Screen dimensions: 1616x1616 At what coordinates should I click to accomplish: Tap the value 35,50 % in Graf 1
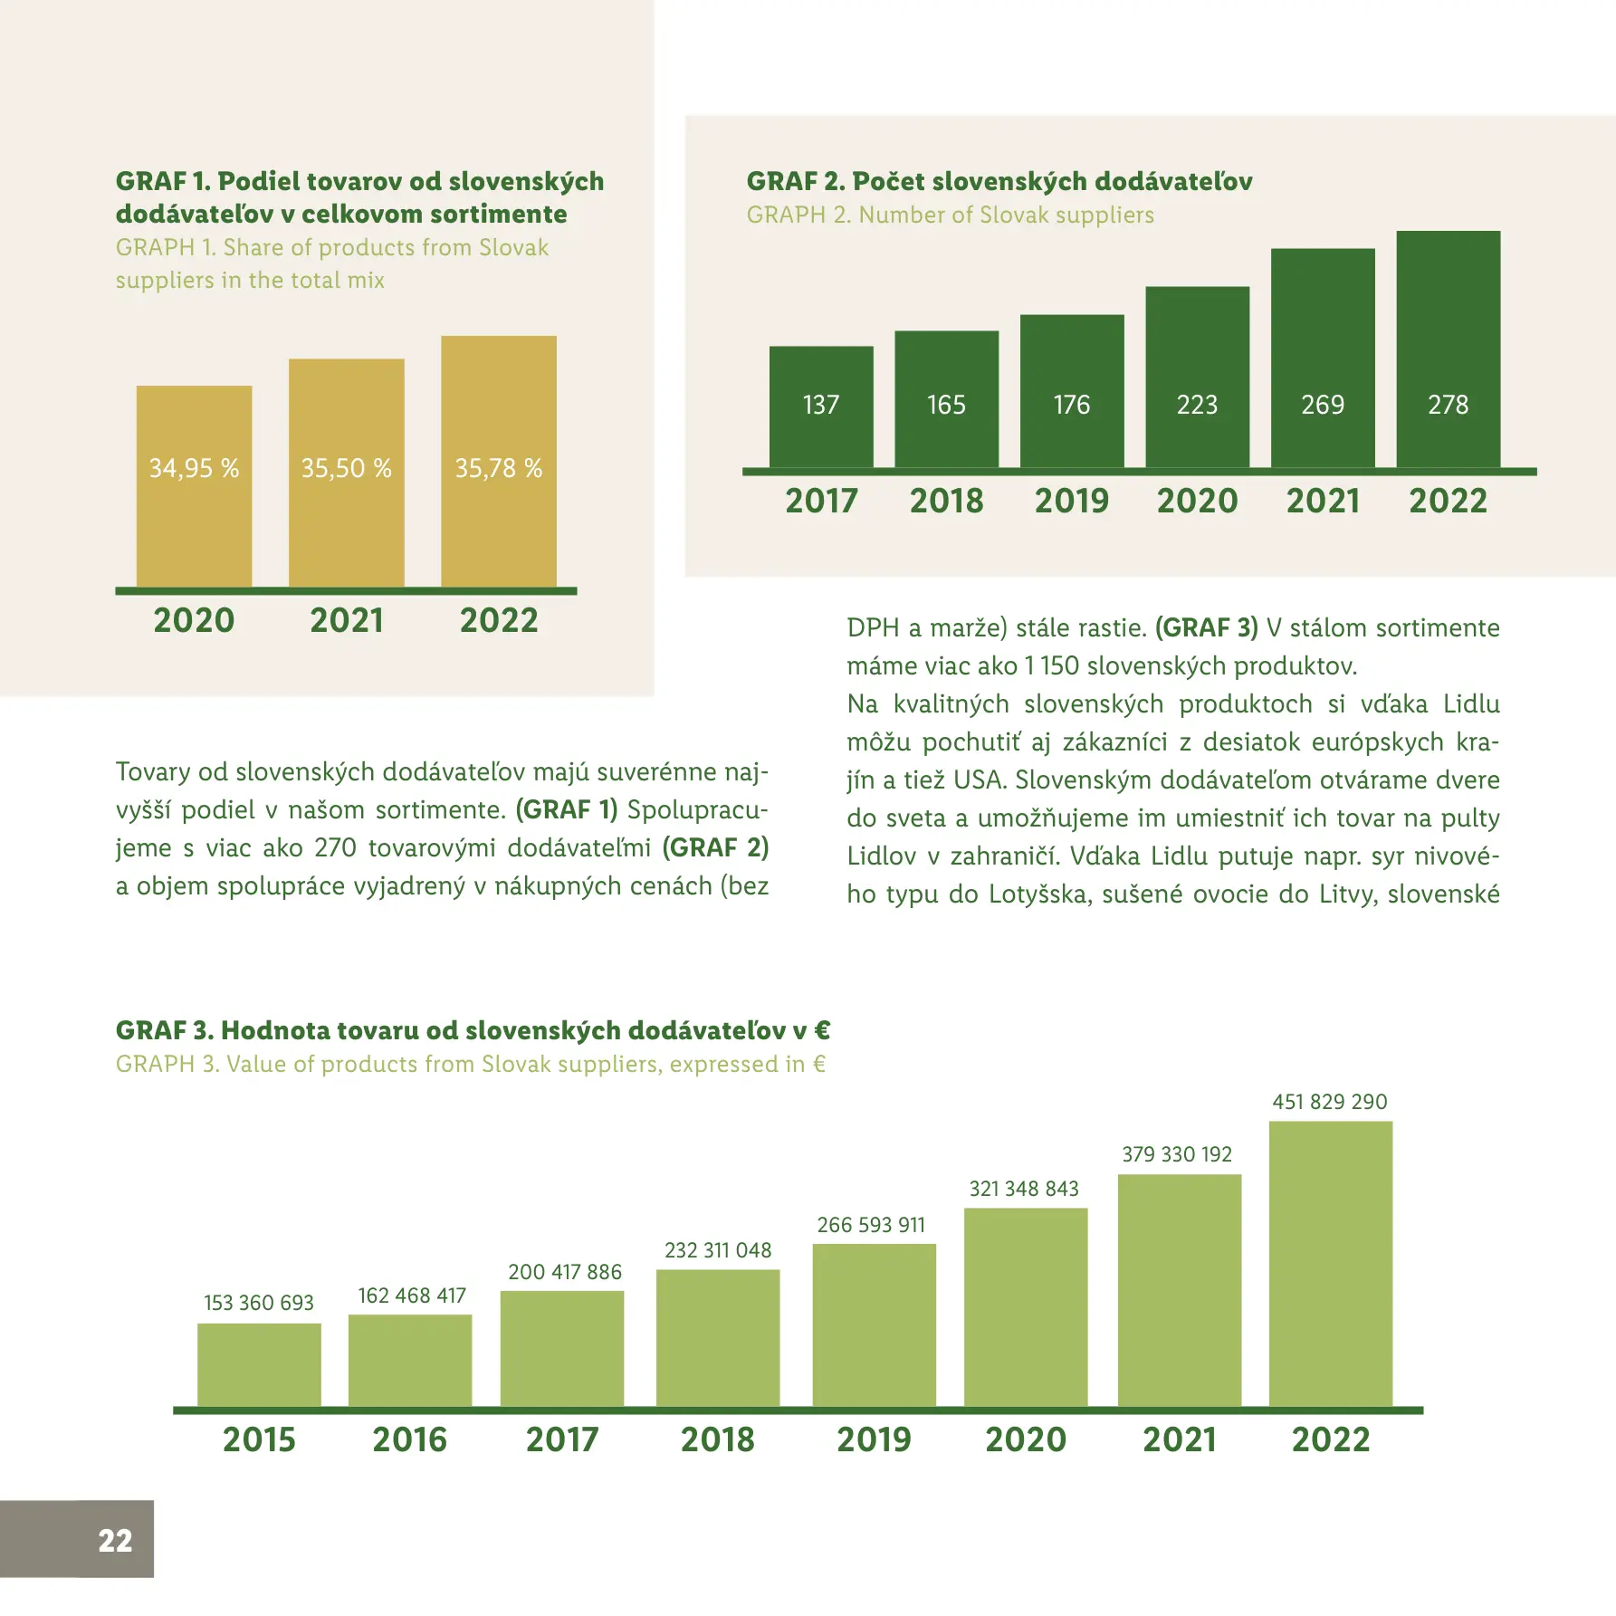(346, 468)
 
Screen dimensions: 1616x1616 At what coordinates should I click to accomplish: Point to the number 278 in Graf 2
(1448, 405)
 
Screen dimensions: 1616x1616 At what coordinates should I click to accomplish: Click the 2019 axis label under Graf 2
(1071, 501)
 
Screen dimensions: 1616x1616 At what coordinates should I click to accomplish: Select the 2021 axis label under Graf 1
(346, 620)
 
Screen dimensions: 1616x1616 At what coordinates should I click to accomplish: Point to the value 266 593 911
(871, 1225)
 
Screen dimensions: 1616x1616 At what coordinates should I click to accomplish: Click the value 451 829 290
(1329, 1102)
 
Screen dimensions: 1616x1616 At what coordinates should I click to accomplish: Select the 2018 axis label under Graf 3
(717, 1439)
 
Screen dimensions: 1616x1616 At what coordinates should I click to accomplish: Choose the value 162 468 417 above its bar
(412, 1296)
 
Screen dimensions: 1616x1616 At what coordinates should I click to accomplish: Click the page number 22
(115, 1540)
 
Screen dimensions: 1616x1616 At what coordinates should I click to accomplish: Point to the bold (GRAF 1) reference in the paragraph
(567, 809)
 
